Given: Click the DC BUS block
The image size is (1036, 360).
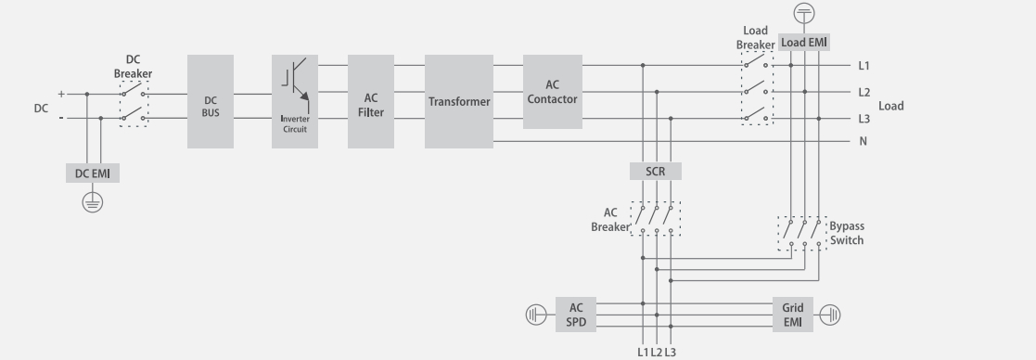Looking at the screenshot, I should (x=211, y=101).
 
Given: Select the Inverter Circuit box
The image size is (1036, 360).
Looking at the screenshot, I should (x=295, y=101).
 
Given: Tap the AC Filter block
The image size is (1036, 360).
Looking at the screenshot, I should (x=371, y=101).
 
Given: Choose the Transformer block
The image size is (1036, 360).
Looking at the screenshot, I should (x=459, y=101).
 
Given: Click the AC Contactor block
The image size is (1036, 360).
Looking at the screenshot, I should (x=553, y=93).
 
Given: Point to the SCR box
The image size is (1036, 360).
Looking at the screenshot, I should (x=655, y=171).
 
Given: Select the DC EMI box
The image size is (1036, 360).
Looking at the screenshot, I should (x=92, y=174).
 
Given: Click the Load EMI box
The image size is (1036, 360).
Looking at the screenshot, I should (x=803, y=42).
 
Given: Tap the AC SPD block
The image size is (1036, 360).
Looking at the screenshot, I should (x=576, y=315).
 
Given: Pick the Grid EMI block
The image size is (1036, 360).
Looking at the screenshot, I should (x=792, y=315).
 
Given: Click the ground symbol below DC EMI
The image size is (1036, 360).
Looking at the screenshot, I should (x=92, y=202).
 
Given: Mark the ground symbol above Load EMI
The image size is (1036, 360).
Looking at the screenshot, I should (x=804, y=13).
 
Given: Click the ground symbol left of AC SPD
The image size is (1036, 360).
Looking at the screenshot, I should (x=536, y=315).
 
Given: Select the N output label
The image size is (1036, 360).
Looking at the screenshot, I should (x=863, y=142).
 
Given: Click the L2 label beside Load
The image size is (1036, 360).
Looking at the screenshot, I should (x=863, y=93).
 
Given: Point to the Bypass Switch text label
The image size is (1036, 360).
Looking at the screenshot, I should (x=846, y=233).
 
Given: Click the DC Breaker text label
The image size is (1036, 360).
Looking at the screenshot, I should (x=133, y=67).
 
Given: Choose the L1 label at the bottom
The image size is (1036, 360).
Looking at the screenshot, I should (x=642, y=352).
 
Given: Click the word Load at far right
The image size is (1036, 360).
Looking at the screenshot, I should (x=890, y=106).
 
